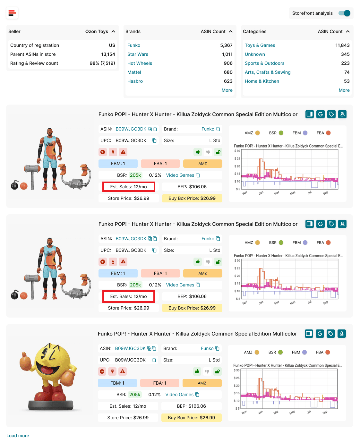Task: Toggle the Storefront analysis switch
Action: pyautogui.click(x=344, y=13)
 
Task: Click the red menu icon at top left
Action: pyautogui.click(x=12, y=13)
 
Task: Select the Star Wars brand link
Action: pyautogui.click(x=138, y=54)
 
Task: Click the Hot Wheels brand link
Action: pyautogui.click(x=140, y=63)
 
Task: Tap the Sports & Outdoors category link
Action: pyautogui.click(x=264, y=63)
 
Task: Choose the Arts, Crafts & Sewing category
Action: pyautogui.click(x=268, y=72)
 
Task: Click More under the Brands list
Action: pyautogui.click(x=227, y=90)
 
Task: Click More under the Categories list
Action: pyautogui.click(x=344, y=90)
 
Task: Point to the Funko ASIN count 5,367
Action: pyautogui.click(x=226, y=45)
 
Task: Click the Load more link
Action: pyautogui.click(x=18, y=436)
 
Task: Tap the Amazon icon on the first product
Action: pyautogui.click(x=342, y=114)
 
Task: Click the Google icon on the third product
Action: pyautogui.click(x=320, y=334)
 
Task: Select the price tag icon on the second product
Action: pyautogui.click(x=331, y=224)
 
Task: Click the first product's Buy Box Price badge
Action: pyautogui.click(x=192, y=198)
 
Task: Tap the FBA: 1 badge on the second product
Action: pyautogui.click(x=160, y=273)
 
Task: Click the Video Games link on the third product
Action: pyautogui.click(x=179, y=395)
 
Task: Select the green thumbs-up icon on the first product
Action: pyautogui.click(x=198, y=152)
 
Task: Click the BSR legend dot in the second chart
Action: pyautogui.click(x=281, y=243)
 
